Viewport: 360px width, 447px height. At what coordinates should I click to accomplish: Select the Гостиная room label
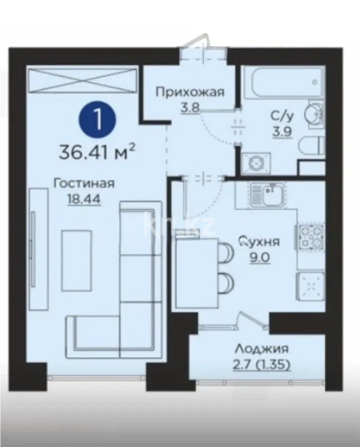click(x=84, y=183)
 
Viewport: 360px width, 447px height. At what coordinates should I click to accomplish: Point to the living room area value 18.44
click(x=84, y=199)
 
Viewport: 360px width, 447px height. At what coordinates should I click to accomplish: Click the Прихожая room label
click(x=190, y=91)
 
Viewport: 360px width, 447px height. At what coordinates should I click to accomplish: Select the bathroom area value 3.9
click(x=281, y=131)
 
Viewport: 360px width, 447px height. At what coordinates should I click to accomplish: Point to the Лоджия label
click(x=261, y=349)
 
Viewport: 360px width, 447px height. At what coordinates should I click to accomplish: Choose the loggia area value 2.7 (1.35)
click(x=261, y=366)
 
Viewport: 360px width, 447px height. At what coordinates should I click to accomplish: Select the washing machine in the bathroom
click(x=255, y=163)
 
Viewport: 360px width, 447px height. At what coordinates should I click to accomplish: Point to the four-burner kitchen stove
click(x=310, y=236)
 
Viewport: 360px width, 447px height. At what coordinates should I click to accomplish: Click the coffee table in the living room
click(x=76, y=254)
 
